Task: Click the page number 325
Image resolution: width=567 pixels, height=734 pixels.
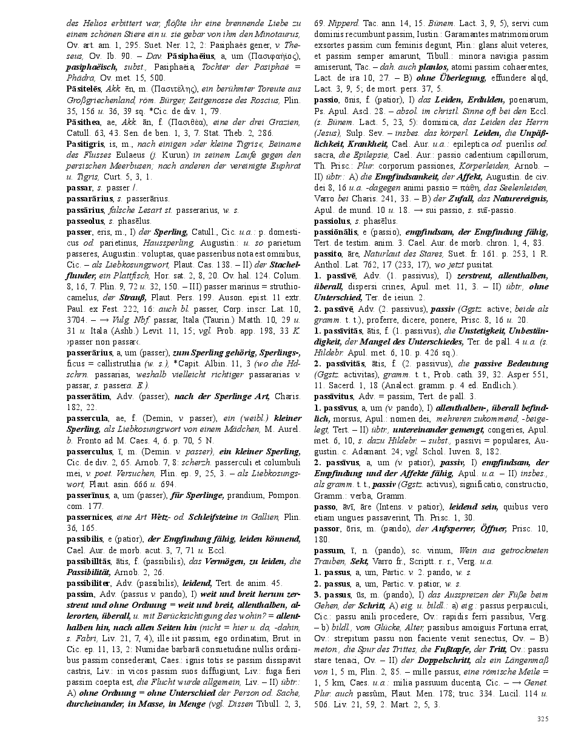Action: pos(542,719)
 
